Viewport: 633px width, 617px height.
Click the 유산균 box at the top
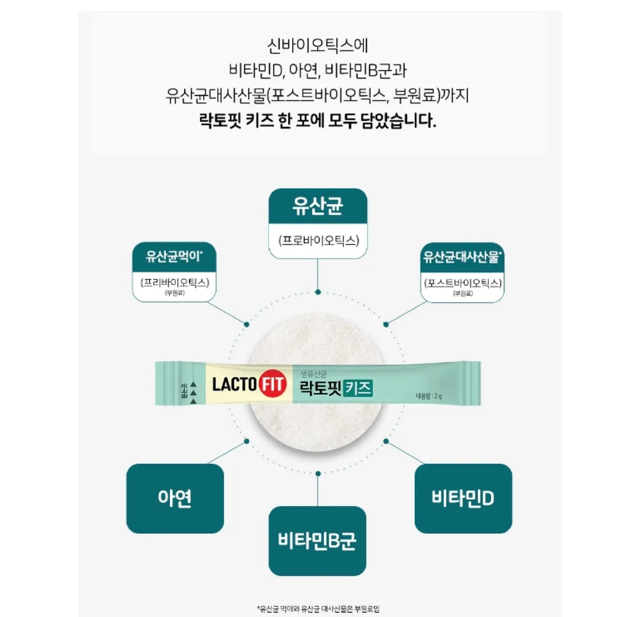point(318,206)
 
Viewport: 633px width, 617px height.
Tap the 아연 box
point(175,498)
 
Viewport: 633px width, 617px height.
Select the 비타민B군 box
point(317,541)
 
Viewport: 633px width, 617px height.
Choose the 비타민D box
point(463,498)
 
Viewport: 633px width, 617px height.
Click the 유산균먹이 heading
point(174,257)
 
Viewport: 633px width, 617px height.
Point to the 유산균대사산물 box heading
point(462,257)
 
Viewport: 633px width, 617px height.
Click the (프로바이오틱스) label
point(318,240)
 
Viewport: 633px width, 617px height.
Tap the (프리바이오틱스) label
point(175,282)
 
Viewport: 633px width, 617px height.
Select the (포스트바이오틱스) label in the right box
point(462,283)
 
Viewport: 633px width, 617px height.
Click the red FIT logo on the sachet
point(273,384)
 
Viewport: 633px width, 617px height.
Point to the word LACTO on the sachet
point(234,384)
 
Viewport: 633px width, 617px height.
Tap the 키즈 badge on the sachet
point(359,389)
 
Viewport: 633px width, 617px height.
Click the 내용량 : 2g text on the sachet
point(428,396)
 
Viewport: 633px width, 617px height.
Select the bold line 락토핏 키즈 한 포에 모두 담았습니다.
point(317,121)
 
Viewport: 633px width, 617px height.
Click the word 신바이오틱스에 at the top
point(317,45)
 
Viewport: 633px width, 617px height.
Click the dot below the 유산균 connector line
point(318,292)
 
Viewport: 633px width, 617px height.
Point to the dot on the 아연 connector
point(247,441)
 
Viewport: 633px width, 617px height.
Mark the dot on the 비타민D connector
point(386,441)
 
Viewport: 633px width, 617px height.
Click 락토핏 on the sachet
point(321,389)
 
